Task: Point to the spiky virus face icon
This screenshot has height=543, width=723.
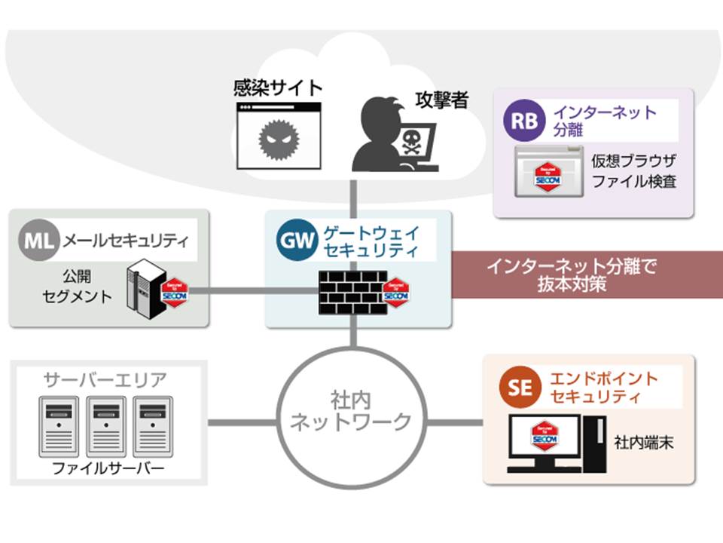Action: pos(273,138)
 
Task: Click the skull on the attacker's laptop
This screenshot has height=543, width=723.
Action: pos(410,141)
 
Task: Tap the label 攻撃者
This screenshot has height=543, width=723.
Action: pos(441,100)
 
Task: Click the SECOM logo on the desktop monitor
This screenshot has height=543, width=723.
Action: pos(545,437)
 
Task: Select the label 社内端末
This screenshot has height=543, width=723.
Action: pos(644,441)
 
